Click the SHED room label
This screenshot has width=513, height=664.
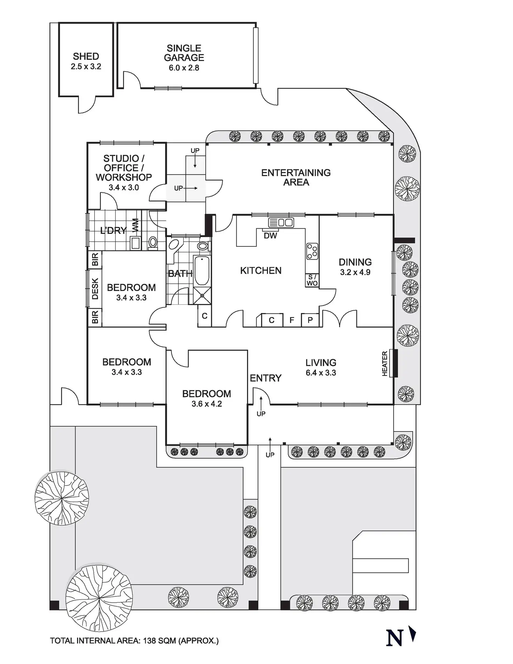pos(86,56)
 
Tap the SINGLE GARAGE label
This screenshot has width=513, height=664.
pos(184,53)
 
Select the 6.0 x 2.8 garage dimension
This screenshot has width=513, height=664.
pos(184,68)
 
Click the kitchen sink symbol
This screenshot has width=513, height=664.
pos(281,222)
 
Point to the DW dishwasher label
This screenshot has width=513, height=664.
pos(270,236)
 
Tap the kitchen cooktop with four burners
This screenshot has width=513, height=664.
pos(312,251)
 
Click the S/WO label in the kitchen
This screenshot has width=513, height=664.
pos(312,280)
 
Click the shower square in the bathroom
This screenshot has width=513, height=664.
pos(202,295)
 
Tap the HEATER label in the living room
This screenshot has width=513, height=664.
pos(385,363)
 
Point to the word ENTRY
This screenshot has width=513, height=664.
pos(266,378)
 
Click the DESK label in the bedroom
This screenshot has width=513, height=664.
pos(95,289)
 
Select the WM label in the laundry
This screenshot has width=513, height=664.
pos(135,225)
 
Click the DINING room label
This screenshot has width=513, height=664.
pos(355,262)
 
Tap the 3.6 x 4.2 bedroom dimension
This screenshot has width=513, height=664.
pos(207,404)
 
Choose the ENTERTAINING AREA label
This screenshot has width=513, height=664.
pos(296,177)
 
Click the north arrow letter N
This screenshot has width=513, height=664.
pos(395,638)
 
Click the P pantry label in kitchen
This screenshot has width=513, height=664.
pos(310,320)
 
